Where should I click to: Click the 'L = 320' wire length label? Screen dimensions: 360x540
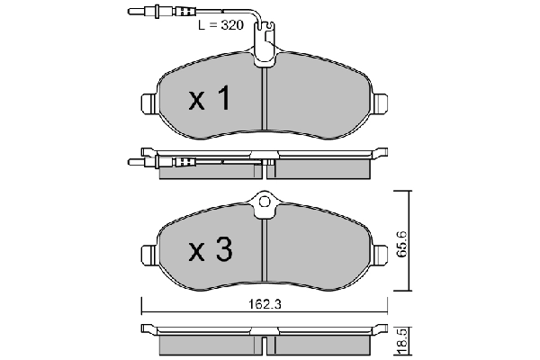[221, 26]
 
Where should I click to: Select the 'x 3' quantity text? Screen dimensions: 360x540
[210, 250]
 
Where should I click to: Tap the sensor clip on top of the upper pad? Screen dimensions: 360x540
[265, 52]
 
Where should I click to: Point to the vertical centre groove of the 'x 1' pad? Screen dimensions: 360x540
[265, 103]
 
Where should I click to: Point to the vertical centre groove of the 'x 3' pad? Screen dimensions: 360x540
[265, 252]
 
